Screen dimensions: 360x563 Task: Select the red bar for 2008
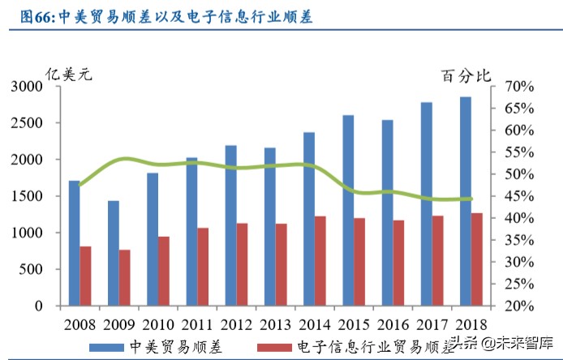[85, 276]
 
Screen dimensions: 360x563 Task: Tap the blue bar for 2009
[114, 253]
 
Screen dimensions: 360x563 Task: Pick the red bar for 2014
[320, 261]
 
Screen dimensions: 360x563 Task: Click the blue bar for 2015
[347, 211]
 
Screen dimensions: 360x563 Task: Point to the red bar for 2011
[203, 267]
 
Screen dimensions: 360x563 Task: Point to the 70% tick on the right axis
[518, 87]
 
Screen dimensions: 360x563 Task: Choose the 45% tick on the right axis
[518, 196]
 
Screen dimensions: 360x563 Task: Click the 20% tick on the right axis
[518, 306]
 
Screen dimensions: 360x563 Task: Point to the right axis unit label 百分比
[466, 76]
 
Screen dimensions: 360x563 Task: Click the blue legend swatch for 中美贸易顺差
[107, 346]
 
